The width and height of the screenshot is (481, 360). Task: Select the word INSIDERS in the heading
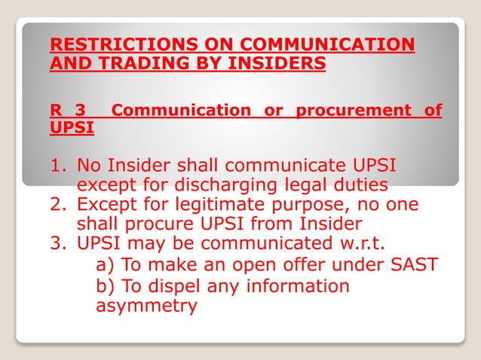[x=266, y=63]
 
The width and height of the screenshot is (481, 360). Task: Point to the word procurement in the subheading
[x=352, y=111]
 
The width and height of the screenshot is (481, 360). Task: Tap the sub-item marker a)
[x=106, y=265]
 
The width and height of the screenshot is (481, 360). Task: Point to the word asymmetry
[x=146, y=306]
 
